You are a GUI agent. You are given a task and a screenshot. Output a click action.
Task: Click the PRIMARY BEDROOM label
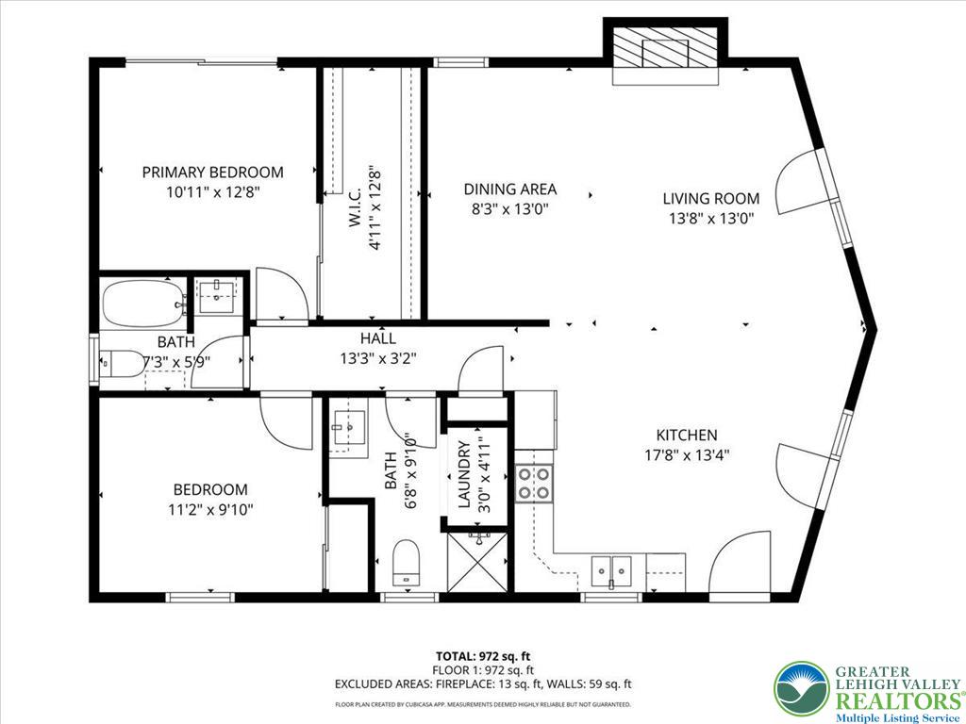(x=212, y=172)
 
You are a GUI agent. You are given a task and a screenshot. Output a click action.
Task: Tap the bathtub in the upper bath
(x=143, y=304)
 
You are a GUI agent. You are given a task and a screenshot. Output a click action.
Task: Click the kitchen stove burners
(x=534, y=484)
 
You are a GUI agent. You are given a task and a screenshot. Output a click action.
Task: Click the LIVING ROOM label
(x=711, y=199)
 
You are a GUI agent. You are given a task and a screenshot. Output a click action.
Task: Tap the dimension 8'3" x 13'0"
(x=509, y=209)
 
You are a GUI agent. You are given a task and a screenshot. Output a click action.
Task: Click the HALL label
(x=378, y=338)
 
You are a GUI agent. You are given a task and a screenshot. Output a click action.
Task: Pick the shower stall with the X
(x=477, y=562)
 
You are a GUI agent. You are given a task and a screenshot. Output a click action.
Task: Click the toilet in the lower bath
(x=406, y=562)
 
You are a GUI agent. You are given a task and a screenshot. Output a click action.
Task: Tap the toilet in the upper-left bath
(x=122, y=364)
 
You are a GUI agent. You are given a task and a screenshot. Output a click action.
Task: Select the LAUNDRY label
(x=465, y=475)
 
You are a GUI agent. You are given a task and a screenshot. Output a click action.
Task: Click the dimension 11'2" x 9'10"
(x=210, y=510)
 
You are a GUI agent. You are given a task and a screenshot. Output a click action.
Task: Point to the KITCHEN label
(x=687, y=436)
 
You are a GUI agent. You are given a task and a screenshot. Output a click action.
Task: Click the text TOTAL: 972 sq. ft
(x=482, y=656)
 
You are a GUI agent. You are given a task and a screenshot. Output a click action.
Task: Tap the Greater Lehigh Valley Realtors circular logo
(x=802, y=691)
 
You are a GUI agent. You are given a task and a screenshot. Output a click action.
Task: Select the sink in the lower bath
(x=349, y=426)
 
